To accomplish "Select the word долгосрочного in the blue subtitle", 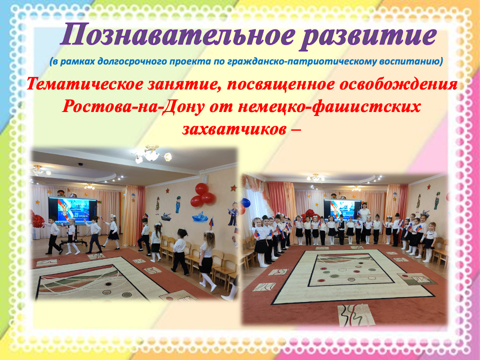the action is (x=128, y=61).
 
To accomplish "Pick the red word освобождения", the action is (x=398, y=84).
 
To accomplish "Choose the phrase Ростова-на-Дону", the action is (x=133, y=106).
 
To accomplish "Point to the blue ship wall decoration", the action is (x=200, y=217).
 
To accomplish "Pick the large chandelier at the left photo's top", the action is (x=151, y=154).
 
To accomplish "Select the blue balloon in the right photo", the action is (x=245, y=202).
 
